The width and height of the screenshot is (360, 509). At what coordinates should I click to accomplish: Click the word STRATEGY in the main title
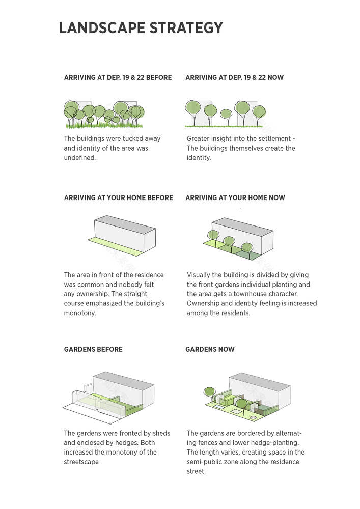tap(186, 28)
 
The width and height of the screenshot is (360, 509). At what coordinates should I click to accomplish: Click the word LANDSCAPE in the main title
tap(102, 28)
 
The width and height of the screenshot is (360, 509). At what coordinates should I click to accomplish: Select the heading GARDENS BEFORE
tap(93, 349)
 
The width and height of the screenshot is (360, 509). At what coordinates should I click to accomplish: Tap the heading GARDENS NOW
tap(210, 349)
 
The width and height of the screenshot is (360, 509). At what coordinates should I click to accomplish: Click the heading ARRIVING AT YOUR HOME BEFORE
tap(119, 197)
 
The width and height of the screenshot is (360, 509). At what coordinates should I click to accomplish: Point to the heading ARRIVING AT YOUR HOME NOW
tap(235, 197)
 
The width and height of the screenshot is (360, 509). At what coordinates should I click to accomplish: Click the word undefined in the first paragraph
tap(79, 158)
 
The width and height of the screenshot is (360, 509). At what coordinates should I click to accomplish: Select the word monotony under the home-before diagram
tap(79, 313)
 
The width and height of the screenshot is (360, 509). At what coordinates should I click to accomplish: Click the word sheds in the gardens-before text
tap(161, 433)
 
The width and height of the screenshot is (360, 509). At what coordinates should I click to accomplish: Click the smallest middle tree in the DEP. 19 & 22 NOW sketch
tap(226, 114)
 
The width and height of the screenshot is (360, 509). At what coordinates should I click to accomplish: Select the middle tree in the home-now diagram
tap(229, 241)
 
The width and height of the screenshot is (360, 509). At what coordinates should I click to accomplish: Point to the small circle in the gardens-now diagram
tap(253, 418)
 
